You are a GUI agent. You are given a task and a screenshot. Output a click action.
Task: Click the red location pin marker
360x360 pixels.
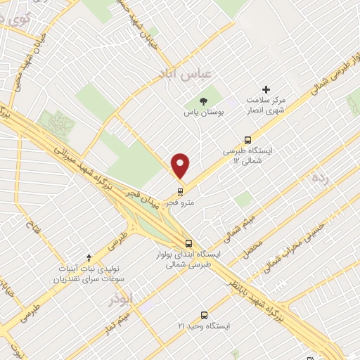click(181, 165)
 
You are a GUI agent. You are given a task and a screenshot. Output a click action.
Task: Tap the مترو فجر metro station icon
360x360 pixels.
click(181, 191)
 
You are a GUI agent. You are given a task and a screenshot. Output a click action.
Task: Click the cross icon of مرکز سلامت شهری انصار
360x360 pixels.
click(266, 89)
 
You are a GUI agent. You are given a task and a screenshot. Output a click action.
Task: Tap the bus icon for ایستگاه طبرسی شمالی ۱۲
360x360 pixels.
click(247, 140)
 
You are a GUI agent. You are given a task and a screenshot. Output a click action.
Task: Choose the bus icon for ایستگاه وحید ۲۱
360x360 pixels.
click(205, 315)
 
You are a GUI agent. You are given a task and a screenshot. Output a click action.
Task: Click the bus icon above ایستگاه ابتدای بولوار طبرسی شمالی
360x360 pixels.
click(186, 241)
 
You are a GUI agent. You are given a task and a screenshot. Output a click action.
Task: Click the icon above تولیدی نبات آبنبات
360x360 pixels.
click(88, 258)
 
